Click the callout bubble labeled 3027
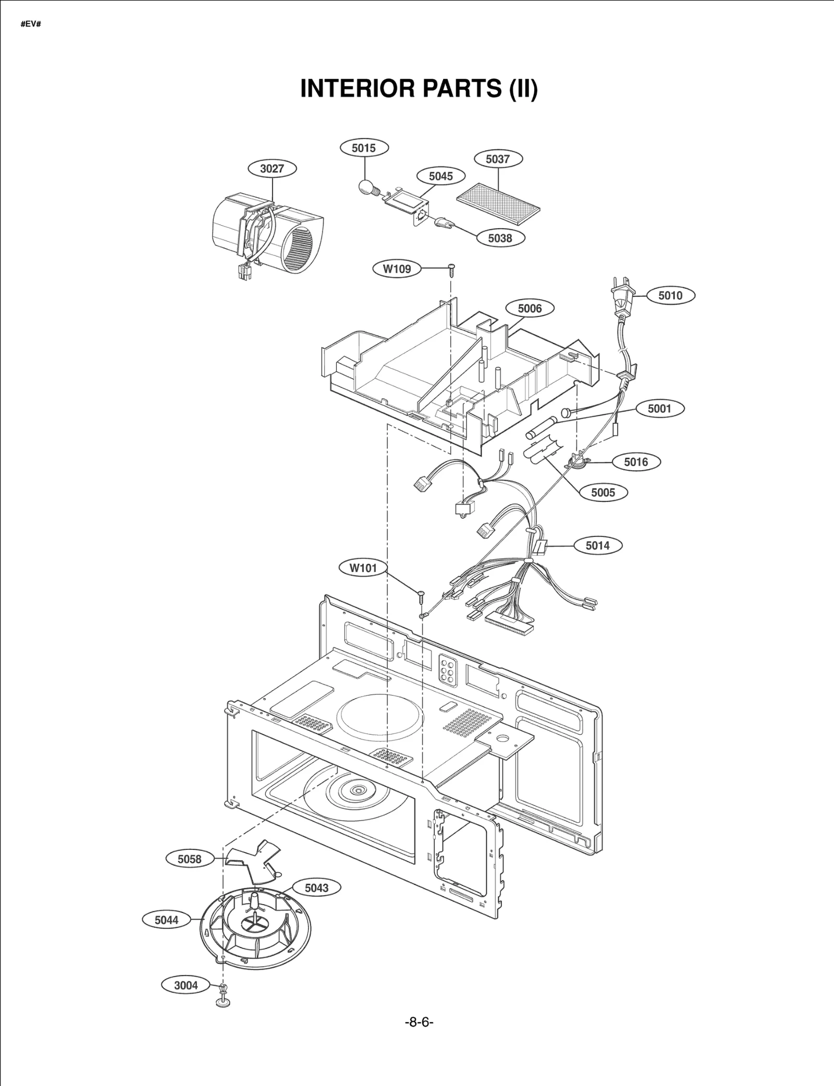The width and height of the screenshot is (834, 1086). pyautogui.click(x=272, y=168)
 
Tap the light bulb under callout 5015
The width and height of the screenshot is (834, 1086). pyautogui.click(x=367, y=187)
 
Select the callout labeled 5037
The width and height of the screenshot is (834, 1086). pyautogui.click(x=498, y=159)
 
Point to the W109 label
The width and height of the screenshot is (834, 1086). pyautogui.click(x=397, y=269)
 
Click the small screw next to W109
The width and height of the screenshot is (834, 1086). pyautogui.click(x=451, y=269)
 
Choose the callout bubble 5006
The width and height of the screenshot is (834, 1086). pyautogui.click(x=530, y=309)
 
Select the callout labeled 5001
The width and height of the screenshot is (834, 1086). pyautogui.click(x=659, y=409)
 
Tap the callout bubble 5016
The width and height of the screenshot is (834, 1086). pyautogui.click(x=636, y=462)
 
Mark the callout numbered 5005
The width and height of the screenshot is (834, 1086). pyautogui.click(x=603, y=492)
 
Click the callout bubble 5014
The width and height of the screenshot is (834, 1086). pyautogui.click(x=597, y=545)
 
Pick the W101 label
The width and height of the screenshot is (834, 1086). pyautogui.click(x=363, y=568)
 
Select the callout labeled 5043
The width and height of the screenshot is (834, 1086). pyautogui.click(x=316, y=888)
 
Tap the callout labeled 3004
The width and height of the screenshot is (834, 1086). pyautogui.click(x=186, y=985)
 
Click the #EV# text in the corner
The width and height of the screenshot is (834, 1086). pyautogui.click(x=31, y=25)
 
